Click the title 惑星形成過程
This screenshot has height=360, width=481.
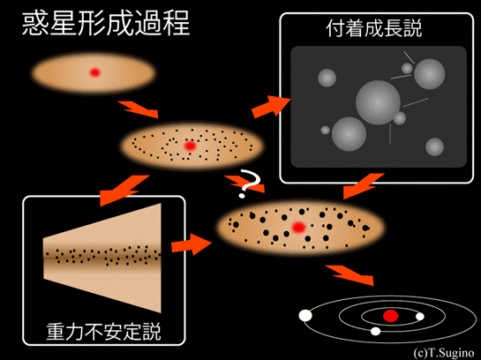pyautogui.click(x=106, y=24)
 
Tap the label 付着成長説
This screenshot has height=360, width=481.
pyautogui.click(x=374, y=28)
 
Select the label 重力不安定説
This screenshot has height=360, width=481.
pyautogui.click(x=103, y=332)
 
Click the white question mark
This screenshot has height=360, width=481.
pyautogui.click(x=250, y=184)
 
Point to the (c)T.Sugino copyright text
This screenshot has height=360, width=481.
pyautogui.click(x=444, y=353)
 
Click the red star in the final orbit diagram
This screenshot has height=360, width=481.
pyautogui.click(x=391, y=316)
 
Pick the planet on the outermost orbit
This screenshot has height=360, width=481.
pyautogui.click(x=305, y=316)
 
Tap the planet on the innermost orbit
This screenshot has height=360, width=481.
pyautogui.click(x=419, y=317)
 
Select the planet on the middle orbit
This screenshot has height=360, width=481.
pyautogui.click(x=375, y=331)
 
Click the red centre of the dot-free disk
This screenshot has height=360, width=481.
pyautogui.click(x=94, y=72)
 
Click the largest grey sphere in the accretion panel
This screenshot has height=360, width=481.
pyautogui.click(x=378, y=102)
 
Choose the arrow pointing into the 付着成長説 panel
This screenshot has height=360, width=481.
pyautogui.click(x=271, y=107)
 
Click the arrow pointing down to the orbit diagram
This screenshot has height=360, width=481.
pyautogui.click(x=349, y=274)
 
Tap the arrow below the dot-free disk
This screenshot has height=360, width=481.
pyautogui.click(x=139, y=109)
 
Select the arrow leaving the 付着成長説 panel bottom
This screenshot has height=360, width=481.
pyautogui.click(x=364, y=186)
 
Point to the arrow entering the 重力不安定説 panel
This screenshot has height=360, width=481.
pyautogui.click(x=124, y=190)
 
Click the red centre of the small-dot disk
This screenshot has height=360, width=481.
pyautogui.click(x=190, y=146)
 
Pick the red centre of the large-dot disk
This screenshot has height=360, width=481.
pyautogui.click(x=298, y=228)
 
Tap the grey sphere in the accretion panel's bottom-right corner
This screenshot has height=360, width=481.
pyautogui.click(x=435, y=146)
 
